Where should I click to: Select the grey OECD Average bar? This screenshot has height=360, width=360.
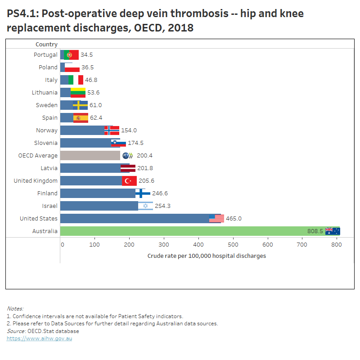pyautogui.click(x=90, y=155)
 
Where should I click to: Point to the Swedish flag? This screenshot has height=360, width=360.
pyautogui.click(x=80, y=105)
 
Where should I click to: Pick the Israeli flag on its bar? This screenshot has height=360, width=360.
pyautogui.click(x=145, y=206)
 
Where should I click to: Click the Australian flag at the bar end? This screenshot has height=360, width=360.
pyautogui.click(x=333, y=231)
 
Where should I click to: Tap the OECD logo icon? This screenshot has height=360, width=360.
pyautogui.click(x=128, y=155)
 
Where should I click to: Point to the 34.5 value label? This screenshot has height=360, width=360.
pyautogui.click(x=86, y=55)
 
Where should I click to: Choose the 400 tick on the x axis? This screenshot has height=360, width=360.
pyautogui.click(x=198, y=244)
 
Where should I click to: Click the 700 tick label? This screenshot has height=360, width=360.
pyautogui.click(x=302, y=244)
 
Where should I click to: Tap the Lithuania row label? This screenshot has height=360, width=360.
pyautogui.click(x=45, y=92)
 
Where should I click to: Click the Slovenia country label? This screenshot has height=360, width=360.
pyautogui.click(x=46, y=143)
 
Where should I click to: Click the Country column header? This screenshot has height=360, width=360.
pyautogui.click(x=46, y=44)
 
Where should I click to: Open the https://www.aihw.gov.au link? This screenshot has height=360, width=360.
pyautogui.click(x=39, y=338)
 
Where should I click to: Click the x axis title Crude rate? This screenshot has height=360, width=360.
pyautogui.click(x=207, y=256)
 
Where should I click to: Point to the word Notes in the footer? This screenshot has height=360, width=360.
pyautogui.click(x=15, y=309)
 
